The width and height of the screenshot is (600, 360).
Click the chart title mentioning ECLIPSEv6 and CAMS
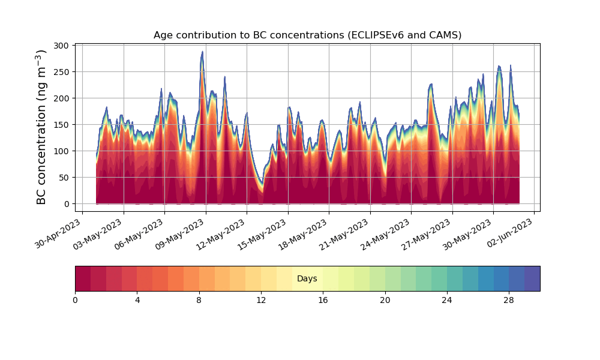[x=307, y=35]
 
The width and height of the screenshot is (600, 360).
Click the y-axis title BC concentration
[x=41, y=127]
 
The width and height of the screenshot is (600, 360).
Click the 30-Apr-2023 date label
[x=58, y=233]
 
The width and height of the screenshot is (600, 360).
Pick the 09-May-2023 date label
[x=181, y=233]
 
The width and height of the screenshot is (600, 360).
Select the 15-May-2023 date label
[x=263, y=233]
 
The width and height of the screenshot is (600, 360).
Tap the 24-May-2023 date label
[x=387, y=233]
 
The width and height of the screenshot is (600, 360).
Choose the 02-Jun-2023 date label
[x=510, y=233]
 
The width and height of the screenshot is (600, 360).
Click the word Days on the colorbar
[x=307, y=279]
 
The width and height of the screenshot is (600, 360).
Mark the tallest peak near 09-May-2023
[x=202, y=52]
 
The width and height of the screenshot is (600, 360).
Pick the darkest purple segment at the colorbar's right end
[x=532, y=278]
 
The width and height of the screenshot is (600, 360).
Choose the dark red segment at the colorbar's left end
[x=83, y=278]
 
